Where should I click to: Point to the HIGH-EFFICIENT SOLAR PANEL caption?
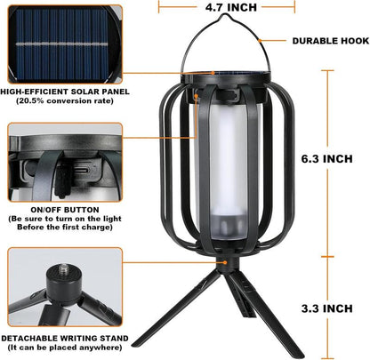click(65, 92)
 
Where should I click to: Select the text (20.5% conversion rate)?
click(65, 101)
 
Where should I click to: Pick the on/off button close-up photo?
click(63, 161)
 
